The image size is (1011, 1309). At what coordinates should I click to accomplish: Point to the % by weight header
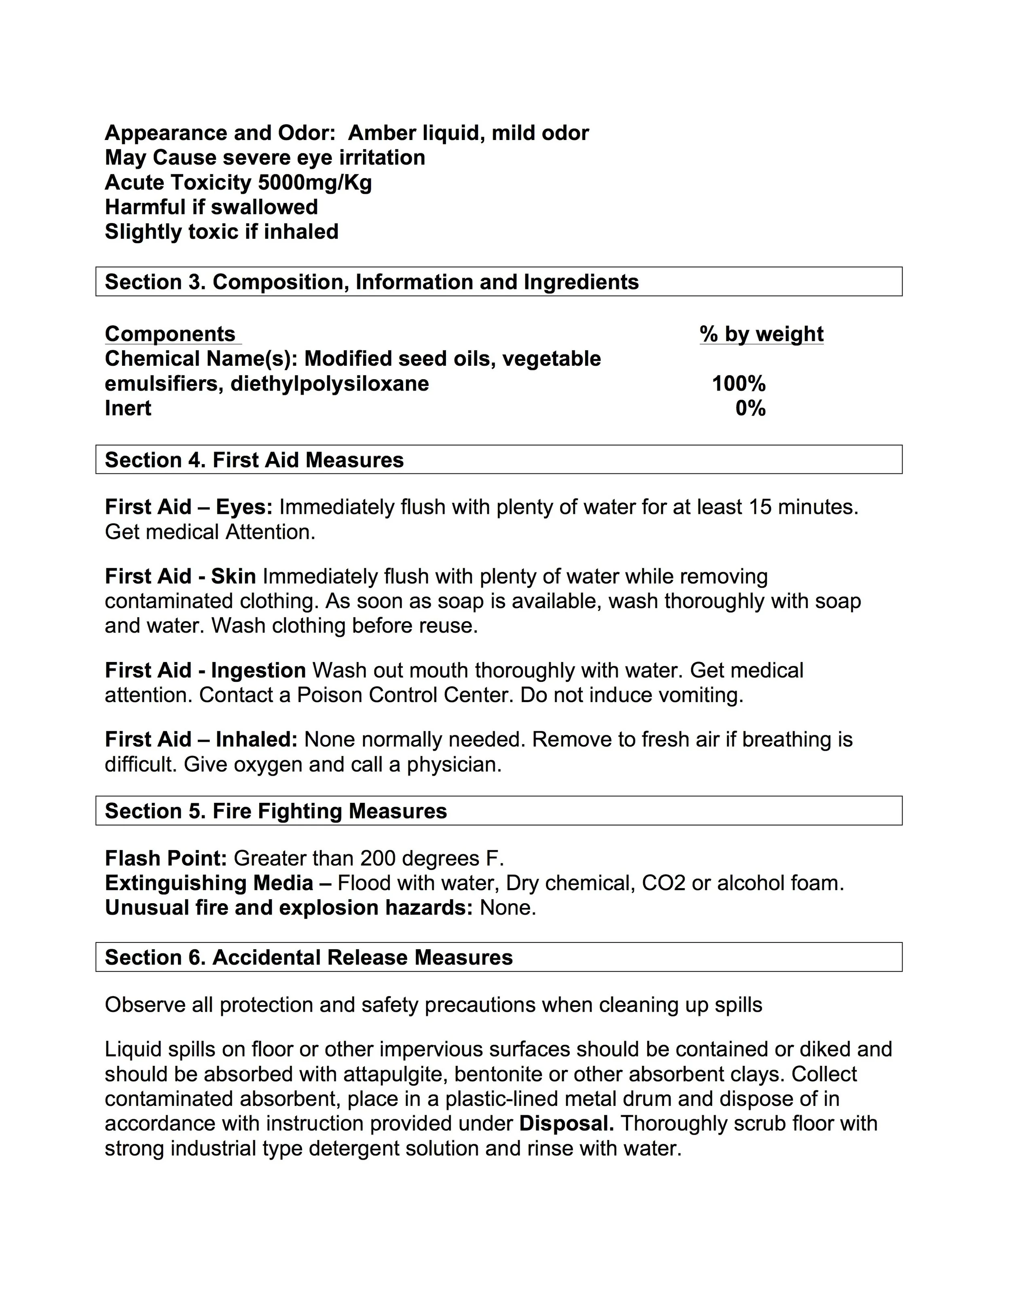tap(761, 334)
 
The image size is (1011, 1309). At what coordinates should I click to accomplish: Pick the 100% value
tap(738, 384)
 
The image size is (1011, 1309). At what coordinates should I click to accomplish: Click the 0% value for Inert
tap(751, 409)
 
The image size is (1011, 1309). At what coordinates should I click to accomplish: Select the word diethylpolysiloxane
tap(330, 384)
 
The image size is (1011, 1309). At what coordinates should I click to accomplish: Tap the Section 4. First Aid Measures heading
tap(254, 460)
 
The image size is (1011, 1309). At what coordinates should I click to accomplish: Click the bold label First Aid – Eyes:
tap(189, 507)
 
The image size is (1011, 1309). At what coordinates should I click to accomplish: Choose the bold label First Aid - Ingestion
tap(205, 670)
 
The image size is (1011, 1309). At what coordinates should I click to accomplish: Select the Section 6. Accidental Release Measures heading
tap(309, 957)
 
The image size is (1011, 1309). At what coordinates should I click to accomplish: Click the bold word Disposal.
tap(566, 1123)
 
